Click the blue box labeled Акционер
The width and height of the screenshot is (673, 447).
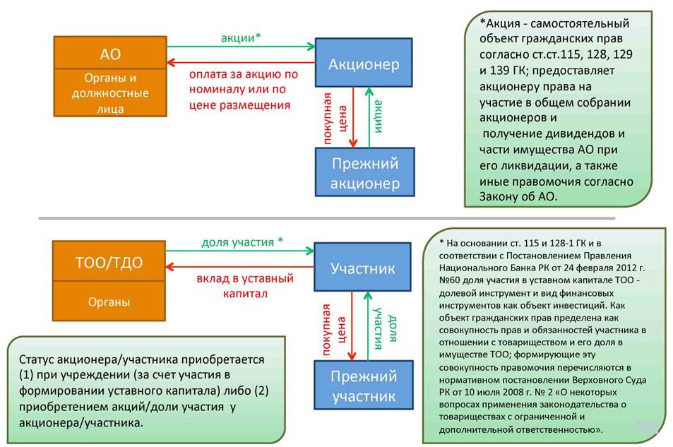click(x=364, y=63)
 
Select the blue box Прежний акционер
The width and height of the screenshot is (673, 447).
click(x=365, y=172)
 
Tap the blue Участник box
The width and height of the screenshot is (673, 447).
click(x=363, y=267)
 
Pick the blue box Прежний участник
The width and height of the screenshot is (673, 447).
click(x=364, y=385)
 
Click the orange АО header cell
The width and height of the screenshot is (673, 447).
click(x=110, y=52)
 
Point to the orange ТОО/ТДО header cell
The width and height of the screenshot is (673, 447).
click(x=109, y=261)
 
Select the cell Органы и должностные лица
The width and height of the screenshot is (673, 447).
click(x=110, y=93)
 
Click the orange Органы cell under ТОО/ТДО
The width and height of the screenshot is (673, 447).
click(x=109, y=301)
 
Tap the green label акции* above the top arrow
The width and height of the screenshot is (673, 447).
click(x=241, y=38)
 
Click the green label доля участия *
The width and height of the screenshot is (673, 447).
click(x=242, y=242)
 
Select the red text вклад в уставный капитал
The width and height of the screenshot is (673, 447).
click(x=245, y=286)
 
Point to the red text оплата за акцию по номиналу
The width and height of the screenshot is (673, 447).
click(x=244, y=82)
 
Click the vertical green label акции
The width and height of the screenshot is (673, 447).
click(x=379, y=117)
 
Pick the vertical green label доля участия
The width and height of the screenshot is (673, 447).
click(x=385, y=328)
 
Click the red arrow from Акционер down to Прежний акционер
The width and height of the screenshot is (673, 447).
click(x=353, y=117)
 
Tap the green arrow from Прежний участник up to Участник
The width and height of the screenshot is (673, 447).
click(x=368, y=326)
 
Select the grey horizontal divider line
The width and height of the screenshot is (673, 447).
click(x=327, y=218)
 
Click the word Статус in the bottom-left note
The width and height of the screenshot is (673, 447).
click(x=36, y=359)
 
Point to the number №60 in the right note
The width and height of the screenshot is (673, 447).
click(x=449, y=280)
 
